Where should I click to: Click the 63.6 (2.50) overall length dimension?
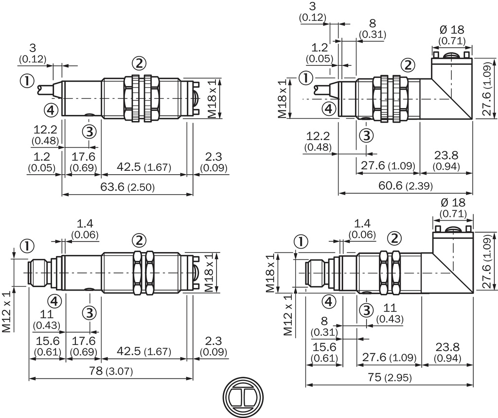pos(127,187)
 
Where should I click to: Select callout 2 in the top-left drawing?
pos(139,63)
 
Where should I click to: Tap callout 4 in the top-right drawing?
pos(329,109)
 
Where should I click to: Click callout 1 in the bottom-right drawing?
pos(302,241)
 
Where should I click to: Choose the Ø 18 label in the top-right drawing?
pos(451,32)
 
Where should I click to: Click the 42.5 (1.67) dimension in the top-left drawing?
pos(144,167)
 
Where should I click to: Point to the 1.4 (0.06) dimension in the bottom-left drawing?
pos(85,229)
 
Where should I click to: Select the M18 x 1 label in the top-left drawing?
pos(213,99)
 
